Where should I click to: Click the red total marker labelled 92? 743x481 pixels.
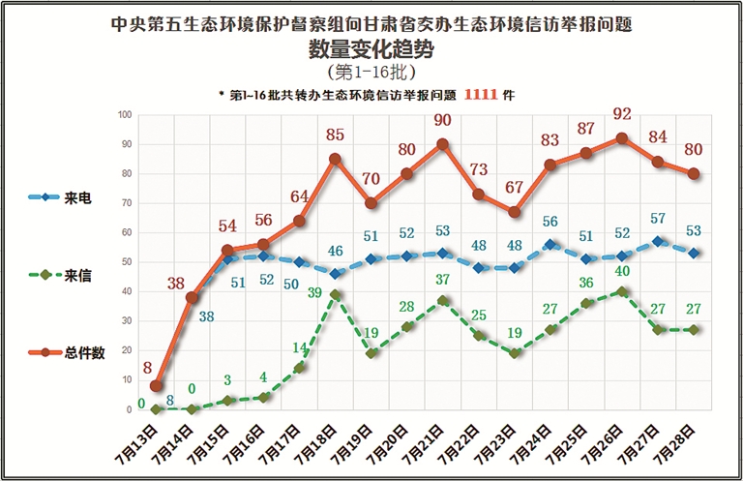[621, 138]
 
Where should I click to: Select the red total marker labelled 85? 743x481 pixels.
[335, 159]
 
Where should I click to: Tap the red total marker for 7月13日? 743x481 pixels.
[157, 386]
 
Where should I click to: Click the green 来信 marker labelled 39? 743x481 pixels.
[335, 294]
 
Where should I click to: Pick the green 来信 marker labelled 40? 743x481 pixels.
[621, 291]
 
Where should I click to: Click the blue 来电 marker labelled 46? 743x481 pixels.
[335, 274]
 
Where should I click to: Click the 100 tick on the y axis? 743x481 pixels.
[125, 115]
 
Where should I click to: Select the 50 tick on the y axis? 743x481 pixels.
[127, 262]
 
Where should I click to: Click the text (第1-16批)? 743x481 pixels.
[371, 72]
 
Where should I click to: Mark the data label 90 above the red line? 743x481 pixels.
[442, 120]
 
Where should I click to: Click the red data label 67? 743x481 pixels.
[514, 187]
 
